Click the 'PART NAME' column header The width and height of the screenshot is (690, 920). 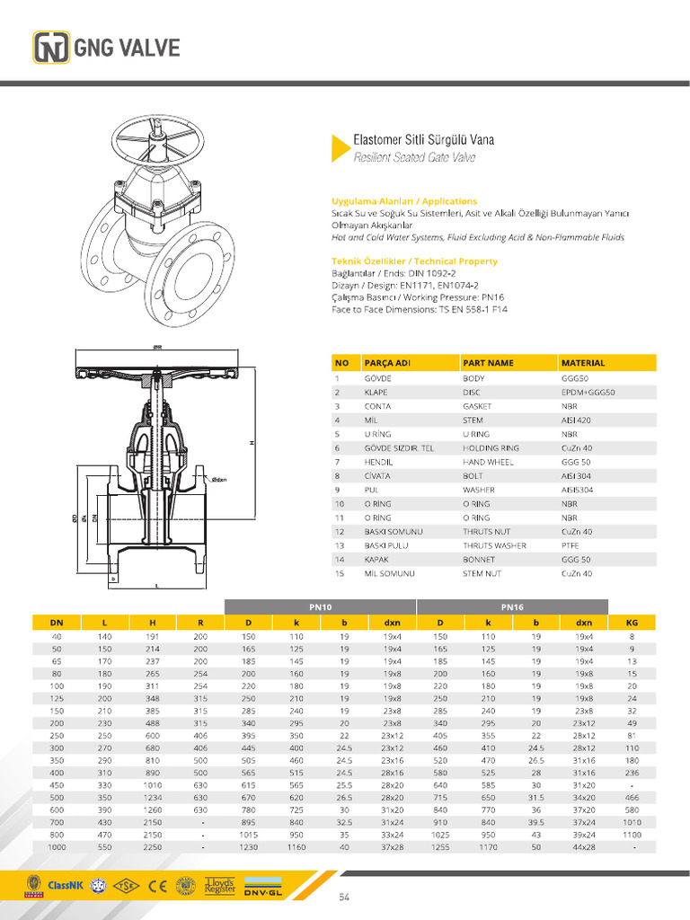[488, 363]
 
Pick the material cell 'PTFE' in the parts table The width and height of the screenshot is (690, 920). [571, 545]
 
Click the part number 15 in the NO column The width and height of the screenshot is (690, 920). [340, 573]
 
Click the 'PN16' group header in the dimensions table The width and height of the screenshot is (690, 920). [512, 606]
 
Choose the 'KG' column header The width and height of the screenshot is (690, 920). [632, 623]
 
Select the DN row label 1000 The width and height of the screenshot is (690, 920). [57, 846]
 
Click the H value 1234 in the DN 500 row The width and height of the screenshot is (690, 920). [151, 796]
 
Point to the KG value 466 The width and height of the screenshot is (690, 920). [632, 796]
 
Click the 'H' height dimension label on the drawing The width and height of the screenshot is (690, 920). [252, 443]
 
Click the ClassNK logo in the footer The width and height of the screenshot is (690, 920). [64, 886]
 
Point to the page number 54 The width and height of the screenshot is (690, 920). [344, 898]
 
